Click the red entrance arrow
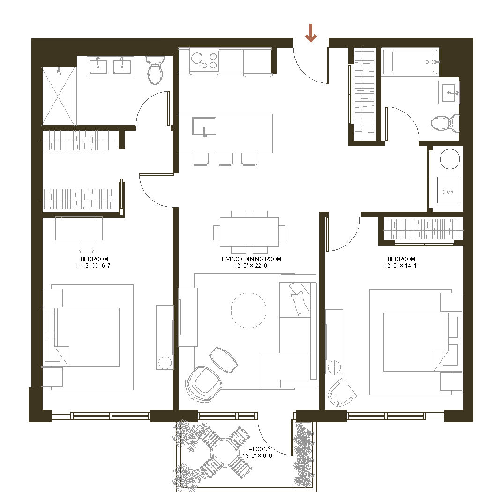pos(311,33)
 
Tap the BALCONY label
pos(258,449)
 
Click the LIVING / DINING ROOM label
pos(252,259)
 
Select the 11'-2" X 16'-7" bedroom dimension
pos(94,266)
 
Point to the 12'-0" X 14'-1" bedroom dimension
pos(401,266)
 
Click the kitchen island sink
pos(204,126)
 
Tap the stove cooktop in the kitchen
pos(204,61)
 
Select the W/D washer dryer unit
pos(449,190)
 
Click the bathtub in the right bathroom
pos(410,62)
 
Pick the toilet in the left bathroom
pos(155,70)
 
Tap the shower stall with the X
pos(59,96)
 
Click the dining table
pos(249,232)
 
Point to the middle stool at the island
pos(225,159)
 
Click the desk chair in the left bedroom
pos(87,246)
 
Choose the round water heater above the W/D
pos(450,159)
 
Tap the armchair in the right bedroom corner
pos(342,393)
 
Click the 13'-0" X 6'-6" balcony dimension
pos(258,455)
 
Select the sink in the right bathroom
pos(449,93)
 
